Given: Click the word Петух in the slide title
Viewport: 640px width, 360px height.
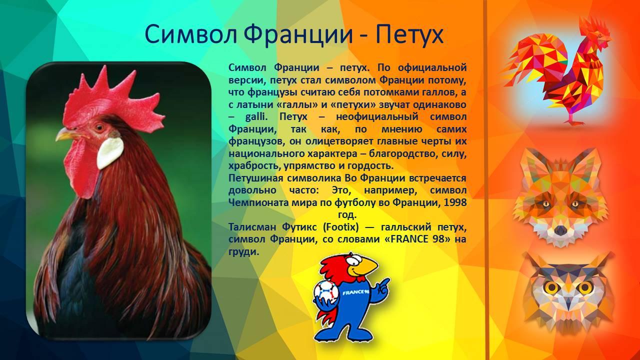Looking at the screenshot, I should pos(409,35).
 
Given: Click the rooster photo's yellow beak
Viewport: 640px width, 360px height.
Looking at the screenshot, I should pos(65,134).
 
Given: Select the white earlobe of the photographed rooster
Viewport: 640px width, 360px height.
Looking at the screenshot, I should pos(109,152).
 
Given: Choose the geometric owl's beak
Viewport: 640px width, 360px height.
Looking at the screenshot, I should pos(569,303).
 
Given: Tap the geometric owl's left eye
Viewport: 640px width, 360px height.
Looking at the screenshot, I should pos(551,287).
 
